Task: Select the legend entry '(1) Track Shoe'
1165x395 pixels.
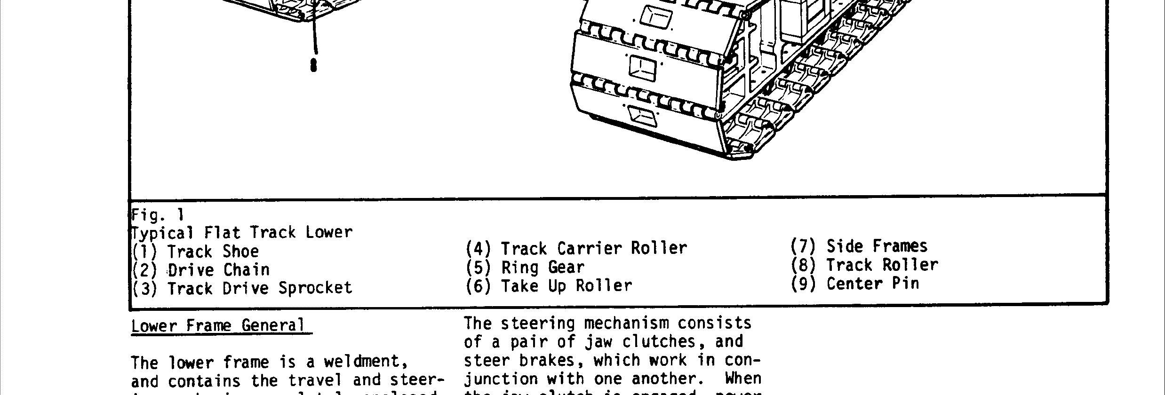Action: [x=195, y=252]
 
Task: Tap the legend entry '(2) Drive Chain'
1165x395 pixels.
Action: [x=201, y=270]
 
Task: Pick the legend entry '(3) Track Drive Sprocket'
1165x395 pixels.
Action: [x=242, y=288]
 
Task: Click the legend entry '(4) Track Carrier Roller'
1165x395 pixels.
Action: [x=576, y=248]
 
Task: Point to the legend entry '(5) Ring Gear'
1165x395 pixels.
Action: [x=525, y=267]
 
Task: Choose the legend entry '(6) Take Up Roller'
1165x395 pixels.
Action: [x=549, y=286]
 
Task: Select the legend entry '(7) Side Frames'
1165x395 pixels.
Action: [x=859, y=246]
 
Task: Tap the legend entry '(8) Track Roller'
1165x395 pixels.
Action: [x=864, y=265]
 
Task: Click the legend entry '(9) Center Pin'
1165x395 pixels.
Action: [x=854, y=284]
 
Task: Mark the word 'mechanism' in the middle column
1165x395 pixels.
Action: [x=626, y=324]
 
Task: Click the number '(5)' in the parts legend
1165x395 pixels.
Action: [x=478, y=267]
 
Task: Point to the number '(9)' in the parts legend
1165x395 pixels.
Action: [x=803, y=284]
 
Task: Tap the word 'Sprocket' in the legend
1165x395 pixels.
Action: [x=315, y=288]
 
